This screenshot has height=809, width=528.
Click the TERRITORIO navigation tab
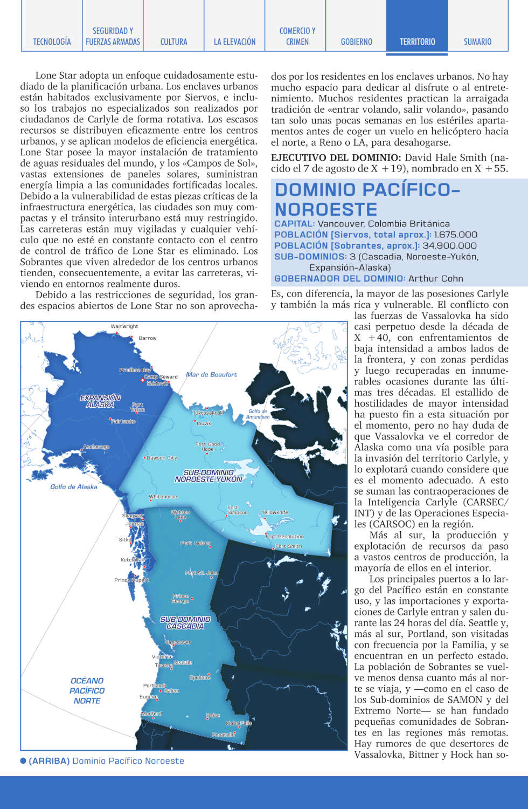point(417,42)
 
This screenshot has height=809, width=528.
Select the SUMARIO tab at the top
point(477,42)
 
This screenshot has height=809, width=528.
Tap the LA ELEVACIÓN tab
point(234,42)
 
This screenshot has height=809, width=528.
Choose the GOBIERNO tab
point(356,42)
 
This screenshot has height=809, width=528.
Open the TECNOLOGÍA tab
point(52,42)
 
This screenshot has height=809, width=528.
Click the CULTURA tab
point(173,42)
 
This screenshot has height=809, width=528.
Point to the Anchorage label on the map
point(96,447)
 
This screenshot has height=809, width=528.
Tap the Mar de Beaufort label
point(211,374)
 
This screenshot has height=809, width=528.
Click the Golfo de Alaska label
point(74,486)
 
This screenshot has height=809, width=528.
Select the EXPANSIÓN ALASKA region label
point(100,401)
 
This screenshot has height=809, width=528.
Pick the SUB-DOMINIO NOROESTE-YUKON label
point(209,476)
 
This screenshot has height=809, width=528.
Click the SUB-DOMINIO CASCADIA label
point(185,623)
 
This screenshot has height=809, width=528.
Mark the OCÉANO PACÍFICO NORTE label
point(87,690)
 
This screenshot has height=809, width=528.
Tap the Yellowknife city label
point(275,512)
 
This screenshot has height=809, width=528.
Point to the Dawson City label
point(162,458)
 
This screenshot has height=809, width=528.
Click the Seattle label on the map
point(183,662)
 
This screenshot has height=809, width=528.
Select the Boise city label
point(213,715)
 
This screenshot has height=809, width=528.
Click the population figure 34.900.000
point(449,245)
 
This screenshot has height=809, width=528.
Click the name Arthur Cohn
point(435,278)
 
